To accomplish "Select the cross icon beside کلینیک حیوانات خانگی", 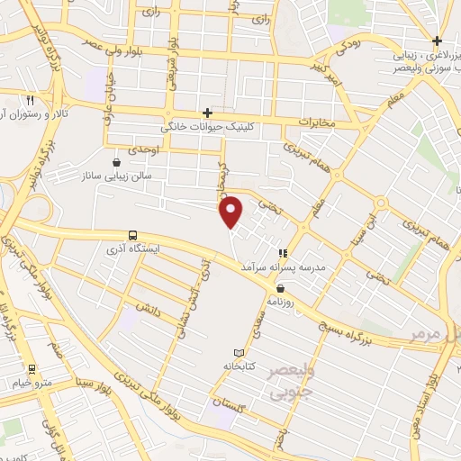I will [208, 113].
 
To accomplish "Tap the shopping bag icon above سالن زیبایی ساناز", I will [116, 163].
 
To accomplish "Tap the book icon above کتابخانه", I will [238, 352].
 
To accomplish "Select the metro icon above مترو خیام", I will [32, 368].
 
